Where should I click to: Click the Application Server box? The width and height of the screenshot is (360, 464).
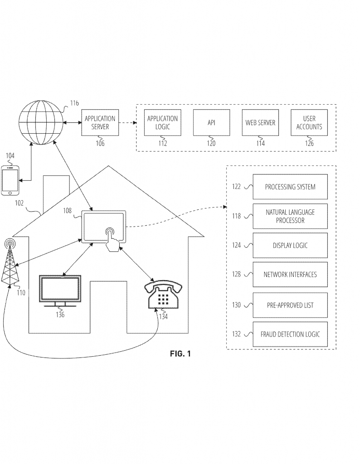pyautogui.click(x=100, y=122)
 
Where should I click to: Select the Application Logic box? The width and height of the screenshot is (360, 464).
pyautogui.click(x=162, y=122)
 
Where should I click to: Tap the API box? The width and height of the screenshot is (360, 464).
pyautogui.click(x=211, y=122)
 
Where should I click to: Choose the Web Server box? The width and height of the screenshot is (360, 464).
pyautogui.click(x=260, y=122)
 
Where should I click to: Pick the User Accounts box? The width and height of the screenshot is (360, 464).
pyautogui.click(x=309, y=122)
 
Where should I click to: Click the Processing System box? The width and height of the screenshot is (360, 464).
pyautogui.click(x=290, y=187)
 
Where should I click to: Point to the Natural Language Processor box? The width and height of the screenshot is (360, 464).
pyautogui.click(x=290, y=216)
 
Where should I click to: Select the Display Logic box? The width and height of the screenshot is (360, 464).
pyautogui.click(x=290, y=245)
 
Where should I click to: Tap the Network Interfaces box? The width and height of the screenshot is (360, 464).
pyautogui.click(x=290, y=274)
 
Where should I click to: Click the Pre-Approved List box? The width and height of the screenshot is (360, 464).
pyautogui.click(x=290, y=305)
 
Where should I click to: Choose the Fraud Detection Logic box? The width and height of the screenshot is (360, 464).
pyautogui.click(x=290, y=334)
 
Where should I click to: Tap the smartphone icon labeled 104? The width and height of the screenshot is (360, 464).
pyautogui.click(x=10, y=180)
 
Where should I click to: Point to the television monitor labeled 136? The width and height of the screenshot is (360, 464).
pyautogui.click(x=60, y=290)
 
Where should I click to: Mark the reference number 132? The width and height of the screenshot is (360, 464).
pyautogui.click(x=236, y=334)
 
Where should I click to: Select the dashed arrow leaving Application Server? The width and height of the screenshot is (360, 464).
pyautogui.click(x=128, y=122)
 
